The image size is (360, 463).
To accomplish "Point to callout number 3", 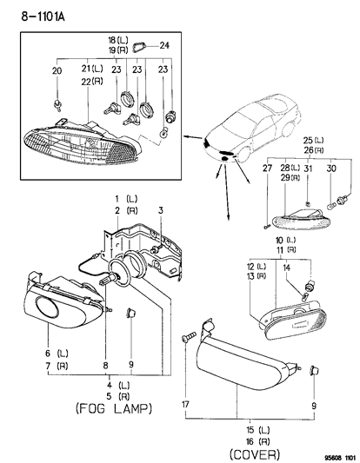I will click(159, 210).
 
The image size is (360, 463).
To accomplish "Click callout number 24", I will click(163, 45).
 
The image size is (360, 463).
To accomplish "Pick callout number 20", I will click(57, 70).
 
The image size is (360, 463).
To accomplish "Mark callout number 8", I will click(106, 366).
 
